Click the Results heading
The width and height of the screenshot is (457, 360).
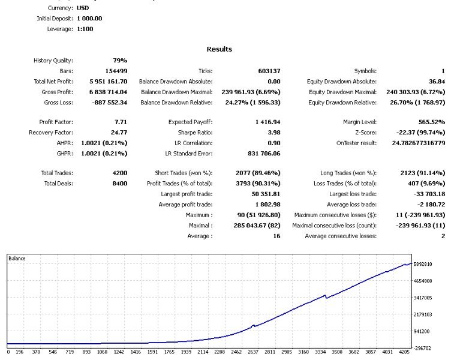(x=219, y=49)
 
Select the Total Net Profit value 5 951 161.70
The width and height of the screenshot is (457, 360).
(x=108, y=82)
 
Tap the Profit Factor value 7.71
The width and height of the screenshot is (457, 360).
(x=120, y=122)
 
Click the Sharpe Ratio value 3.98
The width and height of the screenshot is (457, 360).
(x=272, y=132)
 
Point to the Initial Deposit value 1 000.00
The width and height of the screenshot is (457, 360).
(x=89, y=19)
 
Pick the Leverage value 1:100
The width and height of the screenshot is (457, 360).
(x=85, y=29)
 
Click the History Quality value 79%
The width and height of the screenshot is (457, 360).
(x=120, y=61)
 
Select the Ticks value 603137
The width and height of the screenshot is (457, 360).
(x=269, y=71)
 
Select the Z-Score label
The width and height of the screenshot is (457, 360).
(x=365, y=132)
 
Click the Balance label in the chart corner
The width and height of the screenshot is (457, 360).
(x=17, y=258)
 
